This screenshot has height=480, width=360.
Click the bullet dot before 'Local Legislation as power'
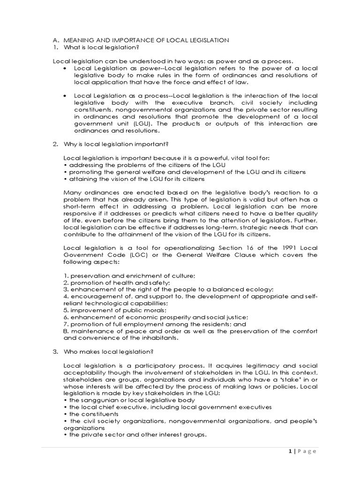[65, 68]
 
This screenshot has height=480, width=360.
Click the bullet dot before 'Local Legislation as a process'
[65, 96]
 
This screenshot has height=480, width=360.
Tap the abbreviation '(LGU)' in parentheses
[130, 124]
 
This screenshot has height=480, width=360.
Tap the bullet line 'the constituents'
[89, 414]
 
